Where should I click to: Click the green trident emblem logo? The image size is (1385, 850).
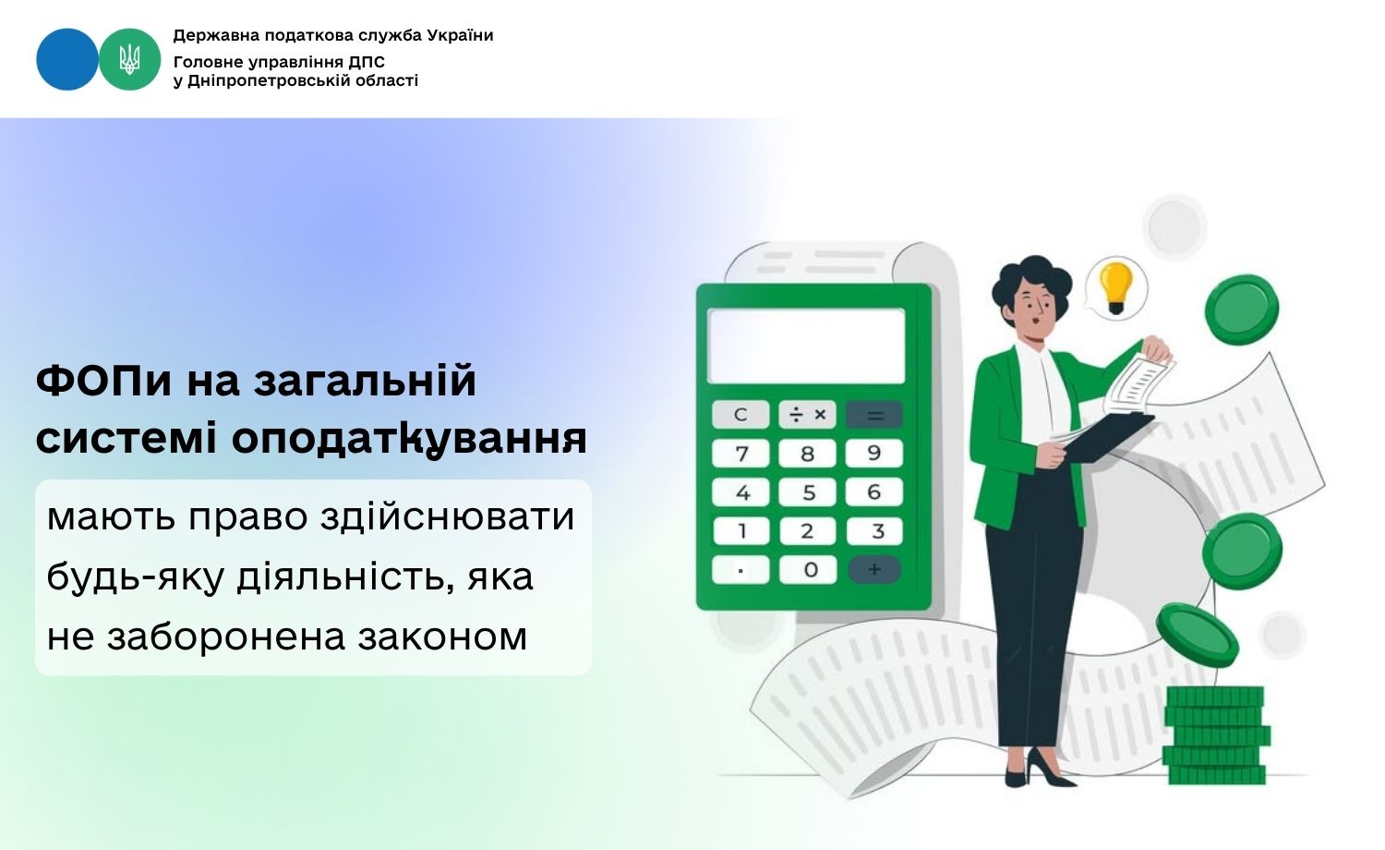[130, 59]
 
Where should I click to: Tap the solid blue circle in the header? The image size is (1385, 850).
[67, 59]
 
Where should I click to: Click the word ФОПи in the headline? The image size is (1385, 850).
[103, 381]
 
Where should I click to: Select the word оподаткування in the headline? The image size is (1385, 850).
[409, 438]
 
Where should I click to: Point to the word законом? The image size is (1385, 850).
[442, 637]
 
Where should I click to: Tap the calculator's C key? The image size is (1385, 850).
[741, 414]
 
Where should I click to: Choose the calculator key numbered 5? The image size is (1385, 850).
[808, 492]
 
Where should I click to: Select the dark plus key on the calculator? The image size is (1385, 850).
[874, 570]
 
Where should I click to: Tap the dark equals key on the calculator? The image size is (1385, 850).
[874, 415]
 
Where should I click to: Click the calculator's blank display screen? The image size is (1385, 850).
[806, 346]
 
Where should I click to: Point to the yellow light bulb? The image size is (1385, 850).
[1116, 288]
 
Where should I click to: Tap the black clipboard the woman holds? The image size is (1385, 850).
[1108, 437]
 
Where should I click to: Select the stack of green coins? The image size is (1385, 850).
[1216, 735]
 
